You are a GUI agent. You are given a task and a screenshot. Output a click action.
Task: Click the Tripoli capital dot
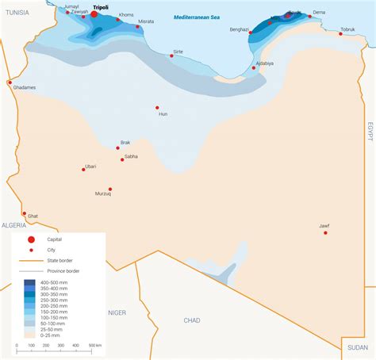[x=94, y=13]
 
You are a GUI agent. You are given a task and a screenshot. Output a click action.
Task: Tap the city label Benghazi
[x=240, y=29]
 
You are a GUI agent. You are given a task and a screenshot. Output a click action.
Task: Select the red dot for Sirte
[x=172, y=56]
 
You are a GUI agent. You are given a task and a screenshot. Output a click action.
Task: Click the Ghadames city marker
[x=10, y=82]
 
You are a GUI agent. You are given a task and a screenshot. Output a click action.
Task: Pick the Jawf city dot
[x=324, y=232]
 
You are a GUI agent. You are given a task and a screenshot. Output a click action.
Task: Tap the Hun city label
[x=163, y=114]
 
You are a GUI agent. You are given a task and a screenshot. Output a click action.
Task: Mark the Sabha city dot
[x=122, y=159]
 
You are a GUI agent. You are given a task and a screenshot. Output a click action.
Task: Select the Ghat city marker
[x=25, y=213]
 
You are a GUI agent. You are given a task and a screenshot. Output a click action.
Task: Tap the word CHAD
[x=191, y=320]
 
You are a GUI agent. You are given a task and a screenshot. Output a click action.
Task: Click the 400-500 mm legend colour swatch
[x=29, y=282]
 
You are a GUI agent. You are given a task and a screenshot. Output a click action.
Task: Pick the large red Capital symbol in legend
[x=31, y=239]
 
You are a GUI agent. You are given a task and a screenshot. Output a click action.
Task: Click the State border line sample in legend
[x=29, y=260]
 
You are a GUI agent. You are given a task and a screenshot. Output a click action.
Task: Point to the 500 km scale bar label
[x=94, y=346]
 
